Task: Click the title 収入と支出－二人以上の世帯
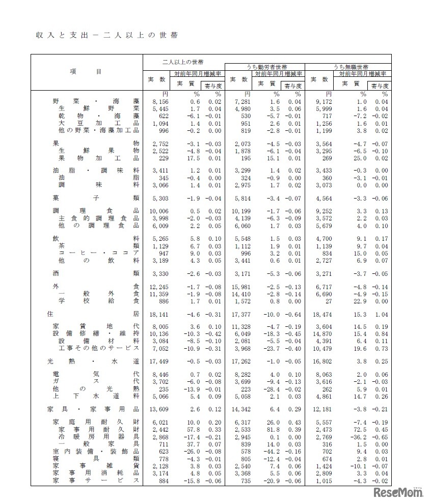106,36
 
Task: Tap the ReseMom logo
397,492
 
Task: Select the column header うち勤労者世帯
266,67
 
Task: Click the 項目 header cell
86,72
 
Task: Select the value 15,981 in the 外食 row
240,287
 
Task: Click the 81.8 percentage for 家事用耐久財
273,430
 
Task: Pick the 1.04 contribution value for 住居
382,315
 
